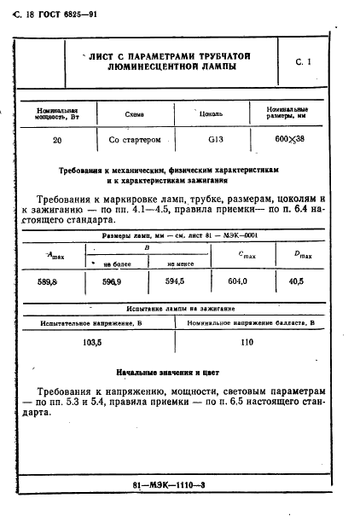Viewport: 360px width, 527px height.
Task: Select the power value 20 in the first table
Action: coord(56,140)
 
